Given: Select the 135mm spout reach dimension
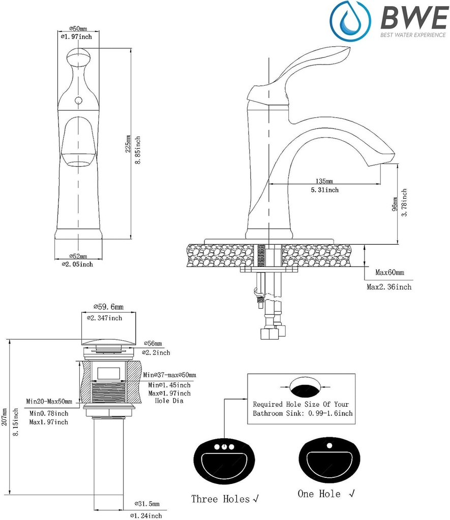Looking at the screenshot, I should coord(324,181).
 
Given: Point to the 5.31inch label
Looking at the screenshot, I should coord(324,190).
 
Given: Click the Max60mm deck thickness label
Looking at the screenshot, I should coord(390,273).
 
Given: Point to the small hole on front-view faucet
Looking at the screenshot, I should coord(78,101).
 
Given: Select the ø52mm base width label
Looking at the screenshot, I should coord(78,256).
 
